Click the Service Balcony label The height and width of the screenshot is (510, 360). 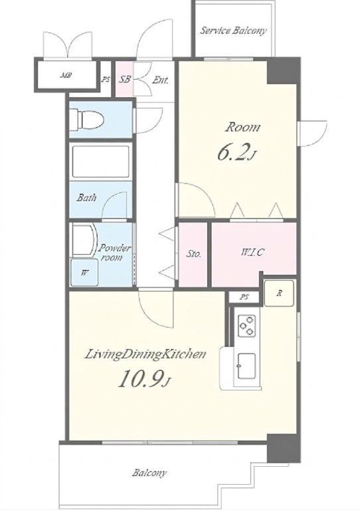tap(233, 31)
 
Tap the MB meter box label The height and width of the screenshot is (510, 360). tap(66, 76)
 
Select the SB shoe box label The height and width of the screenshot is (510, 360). tap(124, 79)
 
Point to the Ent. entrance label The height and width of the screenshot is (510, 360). tap(160, 80)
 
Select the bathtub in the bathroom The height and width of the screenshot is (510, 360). tap(100, 161)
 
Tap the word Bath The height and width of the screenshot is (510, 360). tap(86, 197)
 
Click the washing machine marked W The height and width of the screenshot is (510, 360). tap(84, 272)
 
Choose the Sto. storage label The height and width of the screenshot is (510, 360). tap(193, 254)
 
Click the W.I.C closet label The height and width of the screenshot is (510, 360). tap(252, 252)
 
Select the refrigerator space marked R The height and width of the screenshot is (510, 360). tap(279, 294)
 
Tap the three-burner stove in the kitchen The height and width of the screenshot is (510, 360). tap(246, 325)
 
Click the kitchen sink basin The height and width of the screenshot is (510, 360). tap(246, 367)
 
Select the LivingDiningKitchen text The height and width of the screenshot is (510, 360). tap(145, 354)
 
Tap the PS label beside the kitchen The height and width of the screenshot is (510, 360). tap(244, 297)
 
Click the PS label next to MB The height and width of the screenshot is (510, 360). tap(106, 79)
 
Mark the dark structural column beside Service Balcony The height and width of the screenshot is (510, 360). tap(283, 71)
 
